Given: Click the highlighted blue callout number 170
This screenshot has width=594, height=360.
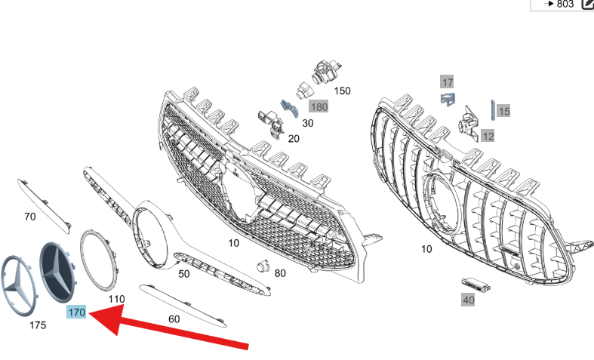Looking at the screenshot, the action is [x=76, y=312].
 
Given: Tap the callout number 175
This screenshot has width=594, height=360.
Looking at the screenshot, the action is [x=38, y=325].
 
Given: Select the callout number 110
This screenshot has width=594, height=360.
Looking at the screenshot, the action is [x=116, y=300].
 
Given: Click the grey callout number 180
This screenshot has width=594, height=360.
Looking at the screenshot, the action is [x=319, y=107].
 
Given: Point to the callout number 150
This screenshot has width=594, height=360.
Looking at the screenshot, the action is [x=342, y=91].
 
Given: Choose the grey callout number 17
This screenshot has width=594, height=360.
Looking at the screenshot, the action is [x=448, y=82].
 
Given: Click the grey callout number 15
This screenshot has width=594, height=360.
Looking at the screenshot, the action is [x=504, y=111].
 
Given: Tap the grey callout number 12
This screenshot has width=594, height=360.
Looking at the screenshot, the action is [x=488, y=136].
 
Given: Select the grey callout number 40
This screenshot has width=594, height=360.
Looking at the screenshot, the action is [x=468, y=300].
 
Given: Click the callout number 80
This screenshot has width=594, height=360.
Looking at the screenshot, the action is [x=280, y=273].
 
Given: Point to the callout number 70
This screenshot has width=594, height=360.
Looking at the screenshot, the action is [x=30, y=217].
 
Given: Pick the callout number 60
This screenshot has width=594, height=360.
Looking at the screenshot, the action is [x=174, y=319].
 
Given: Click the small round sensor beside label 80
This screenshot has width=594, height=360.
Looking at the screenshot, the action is [x=263, y=266].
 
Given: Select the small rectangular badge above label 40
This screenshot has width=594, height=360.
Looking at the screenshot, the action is [x=476, y=285].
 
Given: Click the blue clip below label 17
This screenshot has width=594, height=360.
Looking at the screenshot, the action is [x=448, y=100].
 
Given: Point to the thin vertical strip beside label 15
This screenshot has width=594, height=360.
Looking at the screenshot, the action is [x=493, y=110].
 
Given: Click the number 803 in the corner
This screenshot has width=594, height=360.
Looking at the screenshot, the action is [x=565, y=5].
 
